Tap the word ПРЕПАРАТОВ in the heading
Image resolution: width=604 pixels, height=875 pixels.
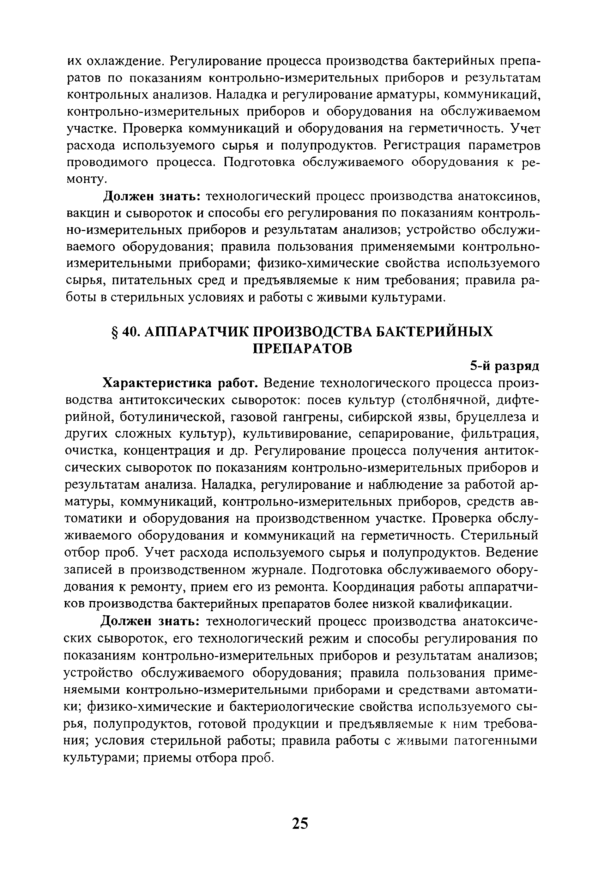(302, 348)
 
